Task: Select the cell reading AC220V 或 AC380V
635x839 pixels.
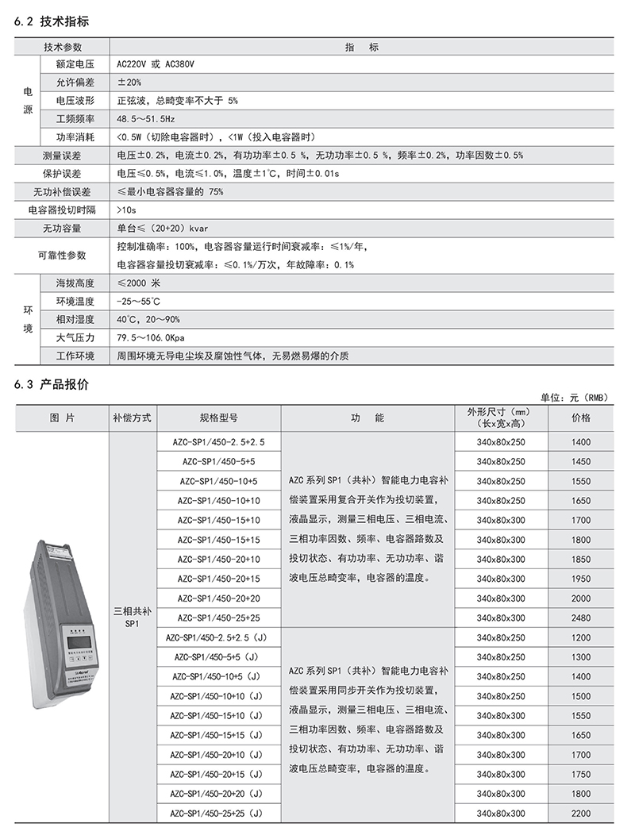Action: [x=155, y=64]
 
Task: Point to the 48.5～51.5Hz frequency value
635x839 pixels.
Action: [x=144, y=119]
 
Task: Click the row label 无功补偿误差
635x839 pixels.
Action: [x=61, y=192]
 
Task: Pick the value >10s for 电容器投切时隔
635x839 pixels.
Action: [x=126, y=210]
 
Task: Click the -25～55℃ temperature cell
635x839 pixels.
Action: [x=137, y=302]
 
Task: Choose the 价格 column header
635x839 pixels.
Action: [x=581, y=418]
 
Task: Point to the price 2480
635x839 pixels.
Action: [x=581, y=618]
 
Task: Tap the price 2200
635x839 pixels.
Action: [x=581, y=814]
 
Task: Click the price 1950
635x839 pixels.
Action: [x=581, y=579]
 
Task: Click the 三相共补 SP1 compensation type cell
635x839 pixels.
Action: [x=132, y=617]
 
